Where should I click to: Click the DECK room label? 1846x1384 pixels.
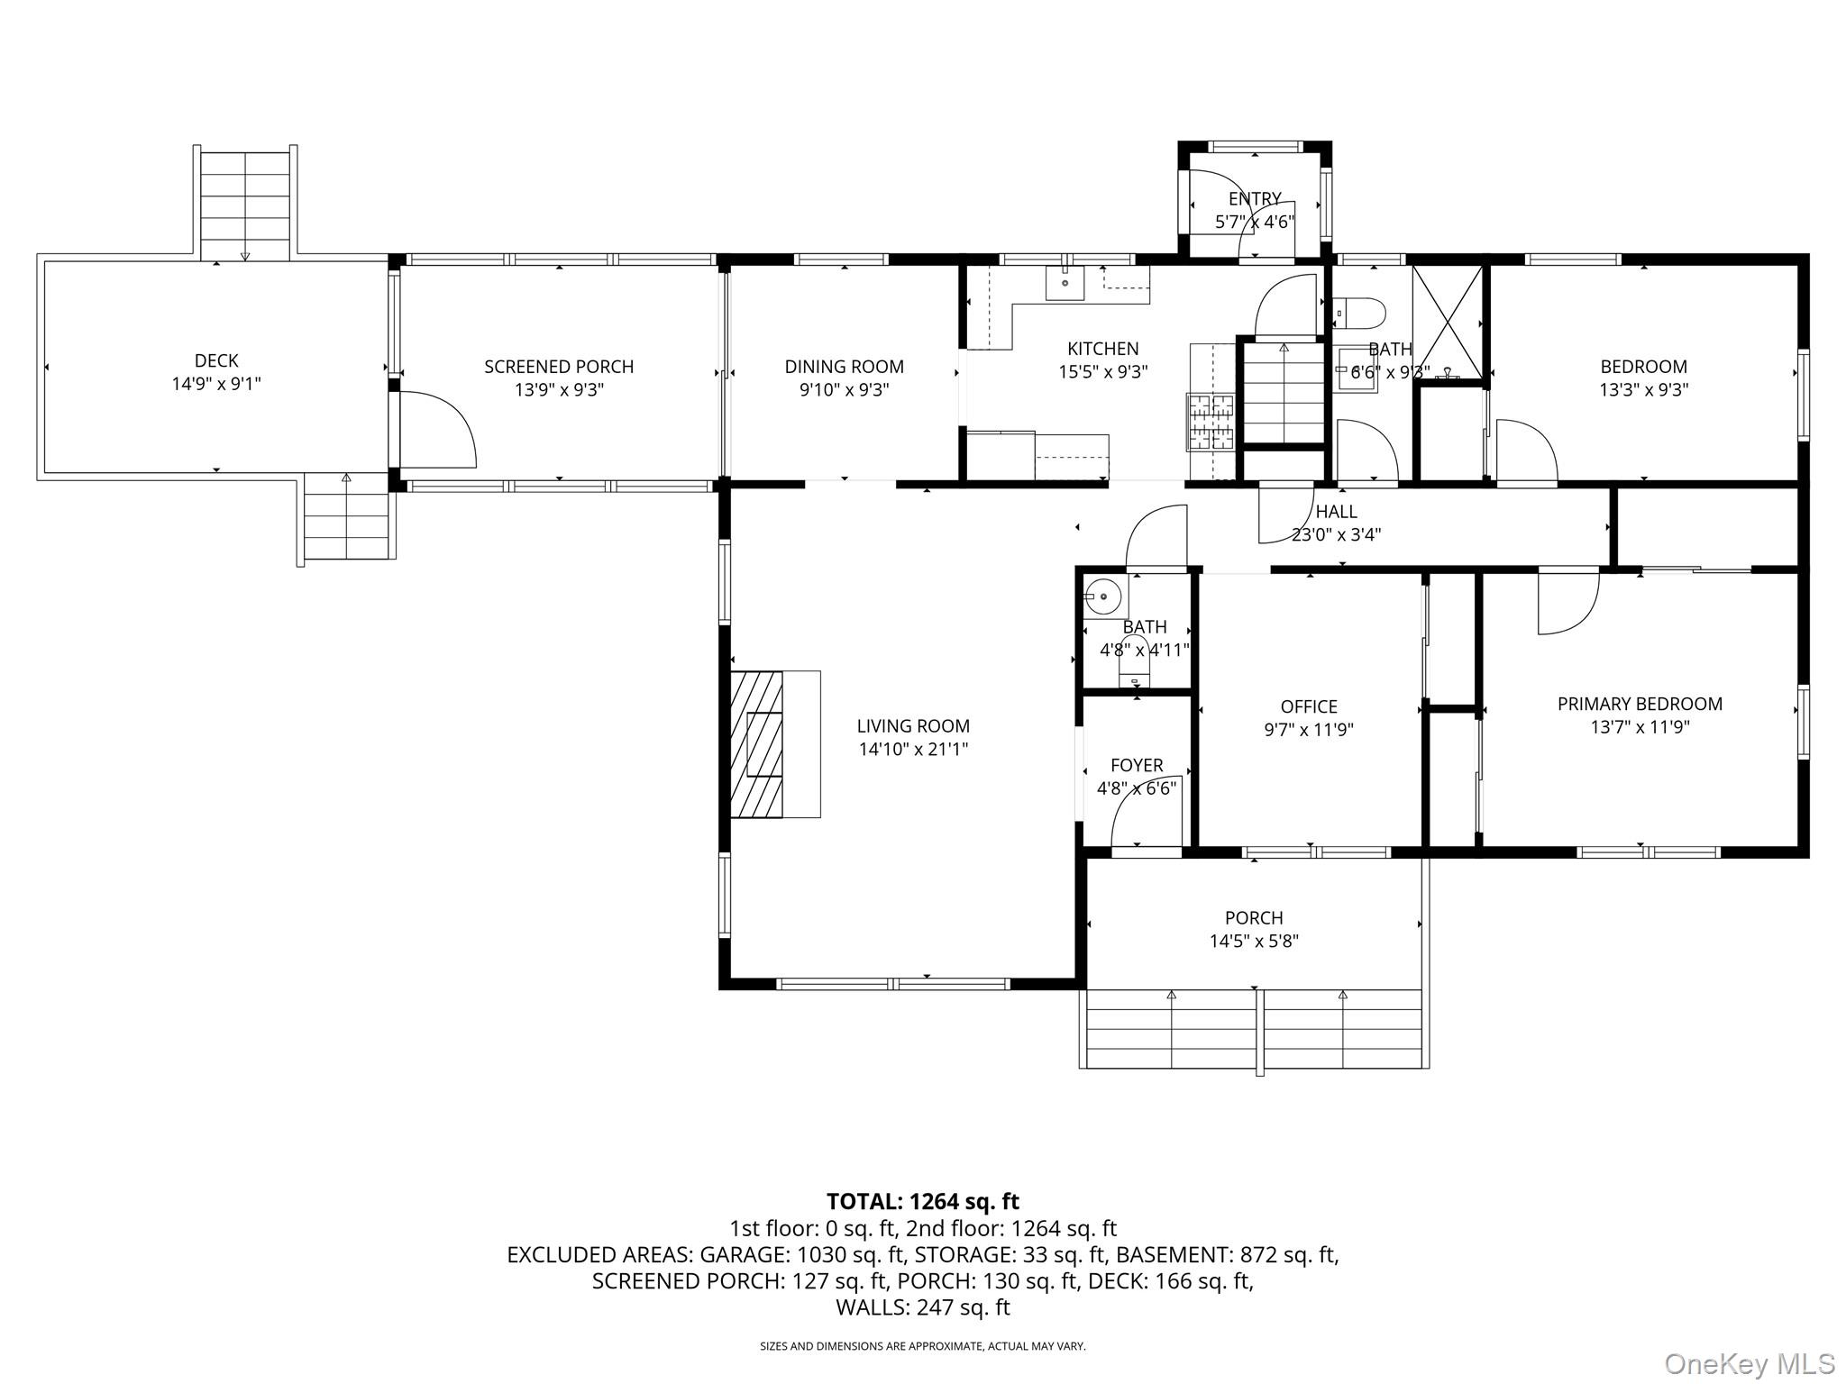pos(216,360)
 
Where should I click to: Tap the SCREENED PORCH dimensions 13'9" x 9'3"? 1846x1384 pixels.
pos(559,390)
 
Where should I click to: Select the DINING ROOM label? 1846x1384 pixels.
pos(844,367)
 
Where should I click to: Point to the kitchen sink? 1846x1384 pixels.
pos(1065,282)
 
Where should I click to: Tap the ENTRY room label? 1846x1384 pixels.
pos(1254,199)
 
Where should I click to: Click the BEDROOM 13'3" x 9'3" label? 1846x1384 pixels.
pos(1643,367)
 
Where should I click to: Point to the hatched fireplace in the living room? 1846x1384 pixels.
pos(756,744)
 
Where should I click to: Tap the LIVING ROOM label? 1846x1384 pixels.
pos(913,726)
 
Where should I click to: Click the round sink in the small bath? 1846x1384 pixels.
pos(1103,597)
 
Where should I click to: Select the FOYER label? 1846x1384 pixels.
pos(1136,766)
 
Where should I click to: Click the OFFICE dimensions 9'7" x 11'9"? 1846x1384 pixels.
pos(1308,730)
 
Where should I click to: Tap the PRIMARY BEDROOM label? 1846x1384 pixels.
pos(1639,705)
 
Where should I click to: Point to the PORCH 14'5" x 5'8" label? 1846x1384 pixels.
pos(1253,918)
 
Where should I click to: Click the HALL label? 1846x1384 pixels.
pos(1336,512)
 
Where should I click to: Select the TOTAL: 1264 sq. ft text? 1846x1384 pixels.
pos(922,1202)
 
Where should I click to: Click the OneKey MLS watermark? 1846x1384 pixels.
pos(1749,1363)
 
